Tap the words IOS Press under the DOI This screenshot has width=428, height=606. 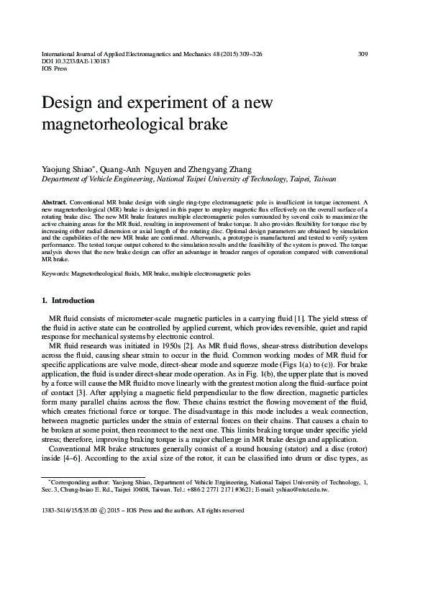[x=55, y=70]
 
